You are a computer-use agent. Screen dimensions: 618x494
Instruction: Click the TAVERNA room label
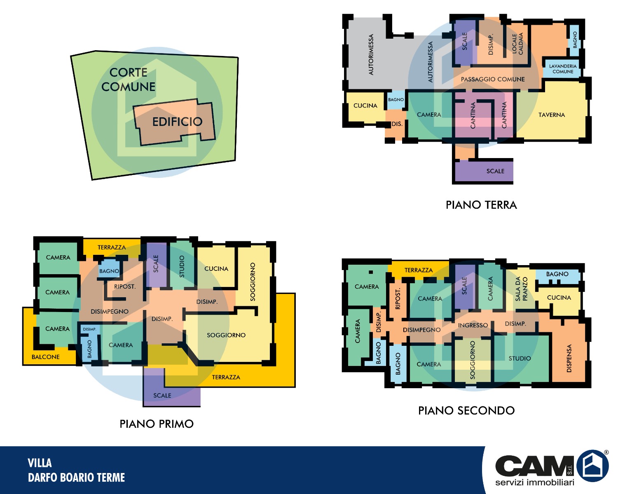[551, 115]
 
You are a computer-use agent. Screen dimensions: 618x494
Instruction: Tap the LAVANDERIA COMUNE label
[562, 69]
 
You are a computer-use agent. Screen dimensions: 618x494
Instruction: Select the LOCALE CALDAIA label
[517, 43]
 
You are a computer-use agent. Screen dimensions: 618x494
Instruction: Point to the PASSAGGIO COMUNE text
[492, 79]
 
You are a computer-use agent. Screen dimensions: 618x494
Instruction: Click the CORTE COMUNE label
[129, 79]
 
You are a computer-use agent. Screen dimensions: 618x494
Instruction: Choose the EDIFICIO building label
[177, 122]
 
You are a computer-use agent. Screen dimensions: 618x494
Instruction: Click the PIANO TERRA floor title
[481, 205]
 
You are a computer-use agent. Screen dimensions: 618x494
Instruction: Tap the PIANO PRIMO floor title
[157, 424]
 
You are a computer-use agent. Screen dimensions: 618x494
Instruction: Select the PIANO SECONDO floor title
[466, 410]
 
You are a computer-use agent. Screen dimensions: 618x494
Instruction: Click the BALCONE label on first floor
[45, 357]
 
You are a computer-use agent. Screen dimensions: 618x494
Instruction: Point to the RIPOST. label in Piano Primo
[125, 287]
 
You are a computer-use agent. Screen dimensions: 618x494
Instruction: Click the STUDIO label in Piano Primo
[182, 266]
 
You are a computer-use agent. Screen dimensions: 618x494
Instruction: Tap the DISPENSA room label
[569, 358]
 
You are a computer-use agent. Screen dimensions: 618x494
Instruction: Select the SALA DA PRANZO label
[521, 289]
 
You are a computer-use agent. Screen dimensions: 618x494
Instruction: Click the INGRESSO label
[473, 325]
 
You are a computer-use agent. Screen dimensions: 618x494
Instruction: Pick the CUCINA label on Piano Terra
[365, 106]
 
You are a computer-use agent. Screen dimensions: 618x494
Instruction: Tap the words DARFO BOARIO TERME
[76, 478]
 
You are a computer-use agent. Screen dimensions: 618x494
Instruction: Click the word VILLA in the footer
[40, 463]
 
